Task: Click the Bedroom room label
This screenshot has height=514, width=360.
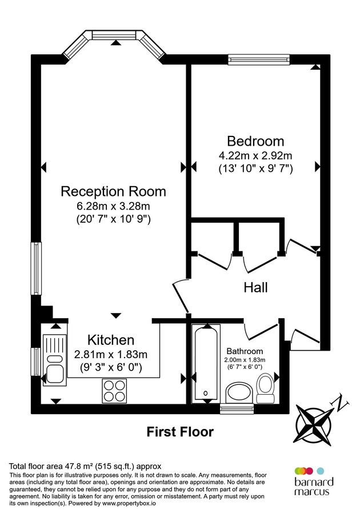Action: point(255,141)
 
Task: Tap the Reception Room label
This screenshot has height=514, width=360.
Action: point(113,191)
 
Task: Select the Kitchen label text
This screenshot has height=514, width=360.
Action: point(110,340)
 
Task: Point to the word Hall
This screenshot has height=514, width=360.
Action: point(255,288)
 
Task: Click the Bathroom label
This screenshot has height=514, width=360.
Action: point(244,351)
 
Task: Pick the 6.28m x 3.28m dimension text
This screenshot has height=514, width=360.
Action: point(113,206)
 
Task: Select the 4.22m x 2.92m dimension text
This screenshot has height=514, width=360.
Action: point(255,155)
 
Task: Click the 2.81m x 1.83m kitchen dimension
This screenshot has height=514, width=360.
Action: point(110,354)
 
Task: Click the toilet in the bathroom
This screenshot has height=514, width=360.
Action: point(265,385)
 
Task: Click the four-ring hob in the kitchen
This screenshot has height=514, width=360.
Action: point(114,391)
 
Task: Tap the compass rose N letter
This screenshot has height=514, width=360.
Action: point(342,404)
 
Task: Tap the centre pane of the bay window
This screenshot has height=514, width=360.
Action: point(117,35)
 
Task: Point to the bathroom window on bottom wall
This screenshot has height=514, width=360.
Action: point(237,409)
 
